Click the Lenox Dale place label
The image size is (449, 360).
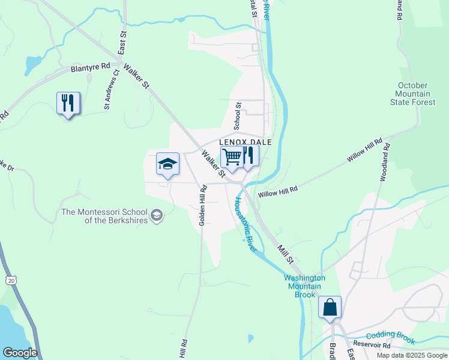[249, 142]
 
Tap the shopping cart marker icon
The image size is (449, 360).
[232, 158]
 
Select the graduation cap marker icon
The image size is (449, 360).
[167, 164]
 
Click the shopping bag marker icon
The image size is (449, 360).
[330, 308]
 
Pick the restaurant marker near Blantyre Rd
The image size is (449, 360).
[68, 103]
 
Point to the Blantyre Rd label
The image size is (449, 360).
[91, 68]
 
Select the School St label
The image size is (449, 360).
[238, 115]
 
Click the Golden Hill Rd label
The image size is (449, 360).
[203, 205]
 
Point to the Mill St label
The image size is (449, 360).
[285, 253]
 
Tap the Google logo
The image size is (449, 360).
[20, 353]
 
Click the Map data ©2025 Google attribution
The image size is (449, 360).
[411, 355]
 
